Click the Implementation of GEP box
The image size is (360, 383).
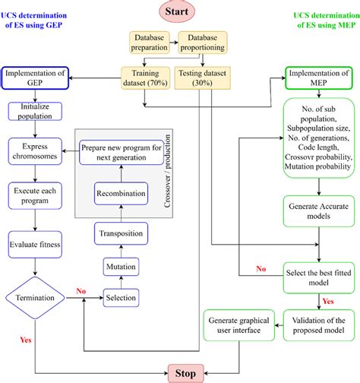[36, 78]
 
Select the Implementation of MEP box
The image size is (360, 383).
[319, 78]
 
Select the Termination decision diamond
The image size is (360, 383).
[36, 299]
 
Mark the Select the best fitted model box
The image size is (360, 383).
[319, 274]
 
